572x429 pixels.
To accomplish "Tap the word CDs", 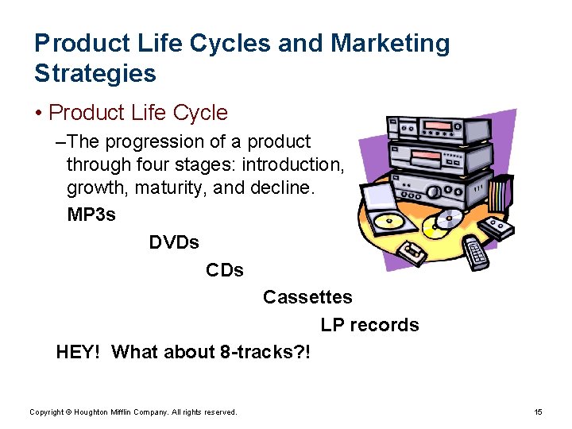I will pyautogui.click(x=225, y=270).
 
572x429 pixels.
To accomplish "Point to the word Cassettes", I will pyautogui.click(x=307, y=297).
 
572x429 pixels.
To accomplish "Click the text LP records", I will pyautogui.click(x=369, y=325).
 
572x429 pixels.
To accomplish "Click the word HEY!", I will pyautogui.click(x=78, y=352).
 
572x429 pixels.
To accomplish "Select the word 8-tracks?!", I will pyautogui.click(x=265, y=352).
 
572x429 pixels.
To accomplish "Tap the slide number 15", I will pyautogui.click(x=538, y=412).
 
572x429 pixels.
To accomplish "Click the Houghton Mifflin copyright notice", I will pyautogui.click(x=133, y=412).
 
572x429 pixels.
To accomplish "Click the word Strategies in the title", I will pyautogui.click(x=95, y=73).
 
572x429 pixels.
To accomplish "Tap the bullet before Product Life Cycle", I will pyautogui.click(x=39, y=114).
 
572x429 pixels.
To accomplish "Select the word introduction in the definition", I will pyautogui.click(x=293, y=164).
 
